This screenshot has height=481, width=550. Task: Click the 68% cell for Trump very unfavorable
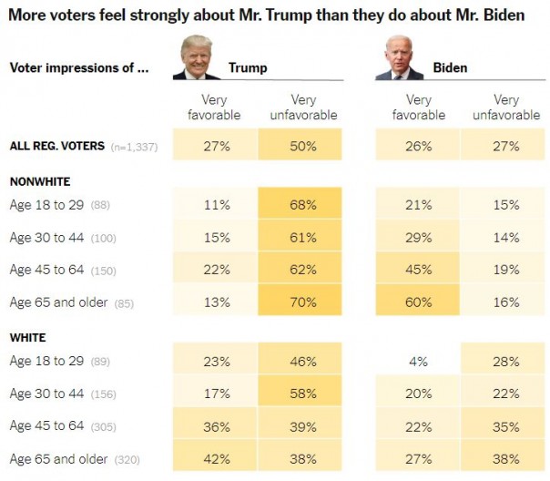coord(300,205)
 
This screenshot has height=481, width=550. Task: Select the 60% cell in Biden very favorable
coord(419,302)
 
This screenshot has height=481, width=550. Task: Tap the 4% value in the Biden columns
coord(419,361)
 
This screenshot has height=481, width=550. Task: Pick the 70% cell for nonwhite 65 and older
coord(300,302)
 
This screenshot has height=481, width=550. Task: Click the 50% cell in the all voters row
coord(300,146)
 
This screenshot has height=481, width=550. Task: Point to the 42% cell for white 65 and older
coord(216,458)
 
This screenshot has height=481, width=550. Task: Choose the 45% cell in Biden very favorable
coord(419,270)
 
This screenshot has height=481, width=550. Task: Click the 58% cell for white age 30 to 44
coord(300,394)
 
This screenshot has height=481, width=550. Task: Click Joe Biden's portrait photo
coord(399,58)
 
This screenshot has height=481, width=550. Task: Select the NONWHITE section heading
coord(39,181)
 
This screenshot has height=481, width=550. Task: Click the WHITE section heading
coord(27,338)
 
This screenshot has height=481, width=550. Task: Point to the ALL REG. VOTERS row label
coord(55,146)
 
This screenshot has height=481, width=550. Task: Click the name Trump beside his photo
coord(248,67)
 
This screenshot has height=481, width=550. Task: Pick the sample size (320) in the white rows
coord(127,459)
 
